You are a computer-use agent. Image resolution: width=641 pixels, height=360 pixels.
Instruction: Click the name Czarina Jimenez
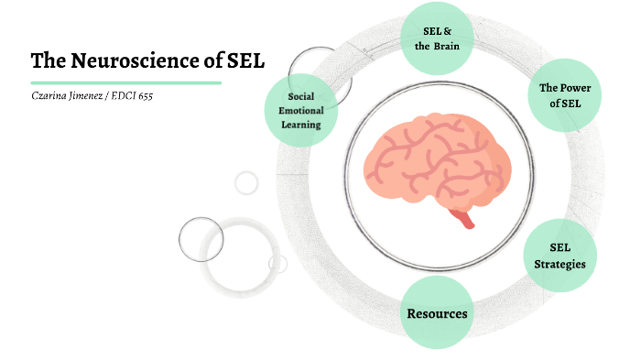pyautogui.click(x=65, y=95)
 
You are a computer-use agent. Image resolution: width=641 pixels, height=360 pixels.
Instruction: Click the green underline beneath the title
pyautogui.click(x=125, y=82)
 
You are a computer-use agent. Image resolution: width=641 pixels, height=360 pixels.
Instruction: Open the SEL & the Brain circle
pyautogui.click(x=437, y=38)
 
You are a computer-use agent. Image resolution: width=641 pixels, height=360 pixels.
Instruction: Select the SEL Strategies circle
pyautogui.click(x=560, y=256)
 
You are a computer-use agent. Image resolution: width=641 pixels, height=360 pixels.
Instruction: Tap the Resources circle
pyautogui.click(x=437, y=313)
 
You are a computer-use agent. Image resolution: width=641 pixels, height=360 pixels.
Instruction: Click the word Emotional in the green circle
pyautogui.click(x=301, y=110)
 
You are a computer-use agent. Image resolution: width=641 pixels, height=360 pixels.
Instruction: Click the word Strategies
pyautogui.click(x=560, y=264)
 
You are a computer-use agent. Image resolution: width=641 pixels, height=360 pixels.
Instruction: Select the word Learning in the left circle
pyautogui.click(x=301, y=124)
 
